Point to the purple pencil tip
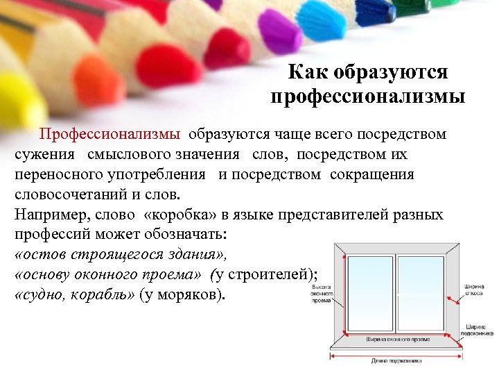(x=276, y=34)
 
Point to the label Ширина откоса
(x=475, y=290)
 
